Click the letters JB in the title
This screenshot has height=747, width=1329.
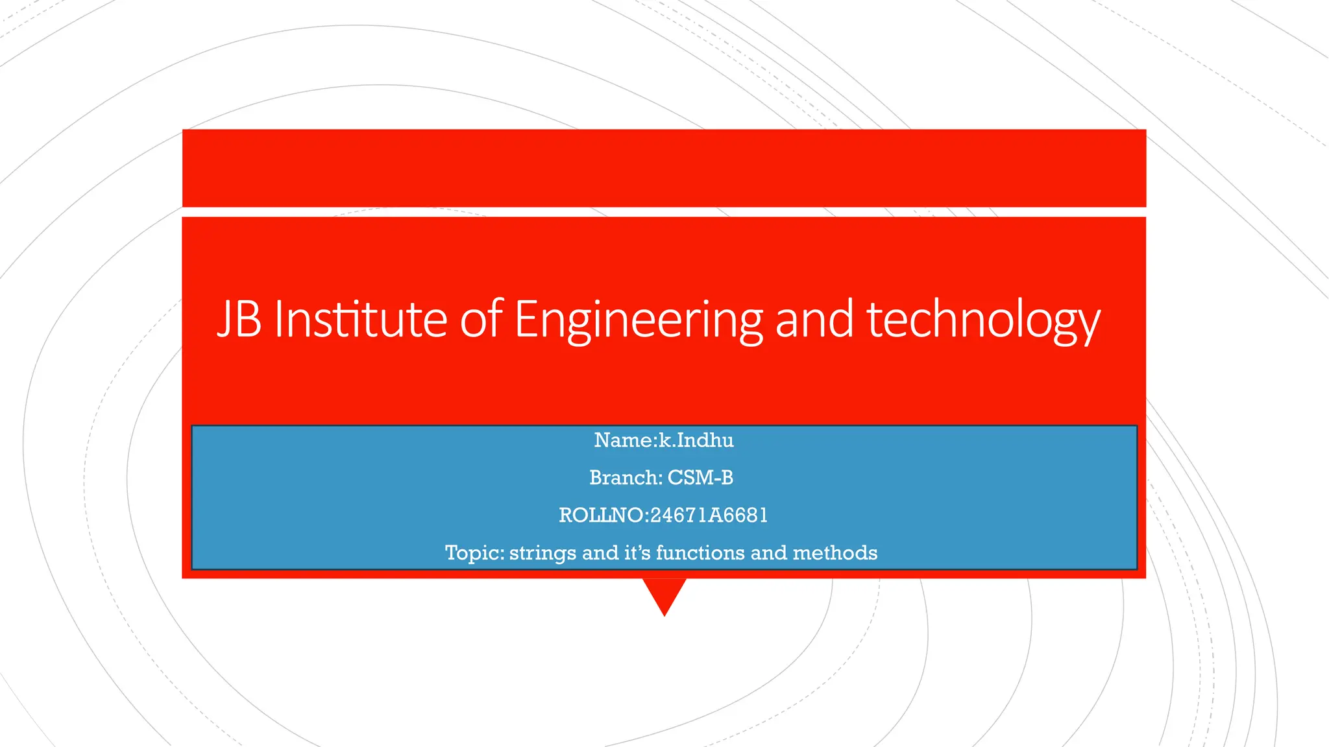tap(239, 319)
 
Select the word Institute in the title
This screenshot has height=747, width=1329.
tap(361, 319)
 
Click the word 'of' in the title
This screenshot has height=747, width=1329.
tap(481, 319)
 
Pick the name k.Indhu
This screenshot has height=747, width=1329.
tap(696, 440)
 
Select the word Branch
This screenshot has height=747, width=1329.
tap(624, 478)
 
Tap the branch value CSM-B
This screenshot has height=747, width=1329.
tap(700, 478)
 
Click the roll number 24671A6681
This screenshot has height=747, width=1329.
tap(709, 516)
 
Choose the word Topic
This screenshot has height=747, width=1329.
tap(472, 553)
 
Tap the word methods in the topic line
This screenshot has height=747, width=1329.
tap(835, 553)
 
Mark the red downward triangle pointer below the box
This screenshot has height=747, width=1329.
tap(664, 593)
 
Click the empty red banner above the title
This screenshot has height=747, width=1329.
tap(664, 168)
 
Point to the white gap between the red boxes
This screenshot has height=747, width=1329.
tap(664, 212)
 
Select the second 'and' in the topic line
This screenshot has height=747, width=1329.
tap(769, 553)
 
